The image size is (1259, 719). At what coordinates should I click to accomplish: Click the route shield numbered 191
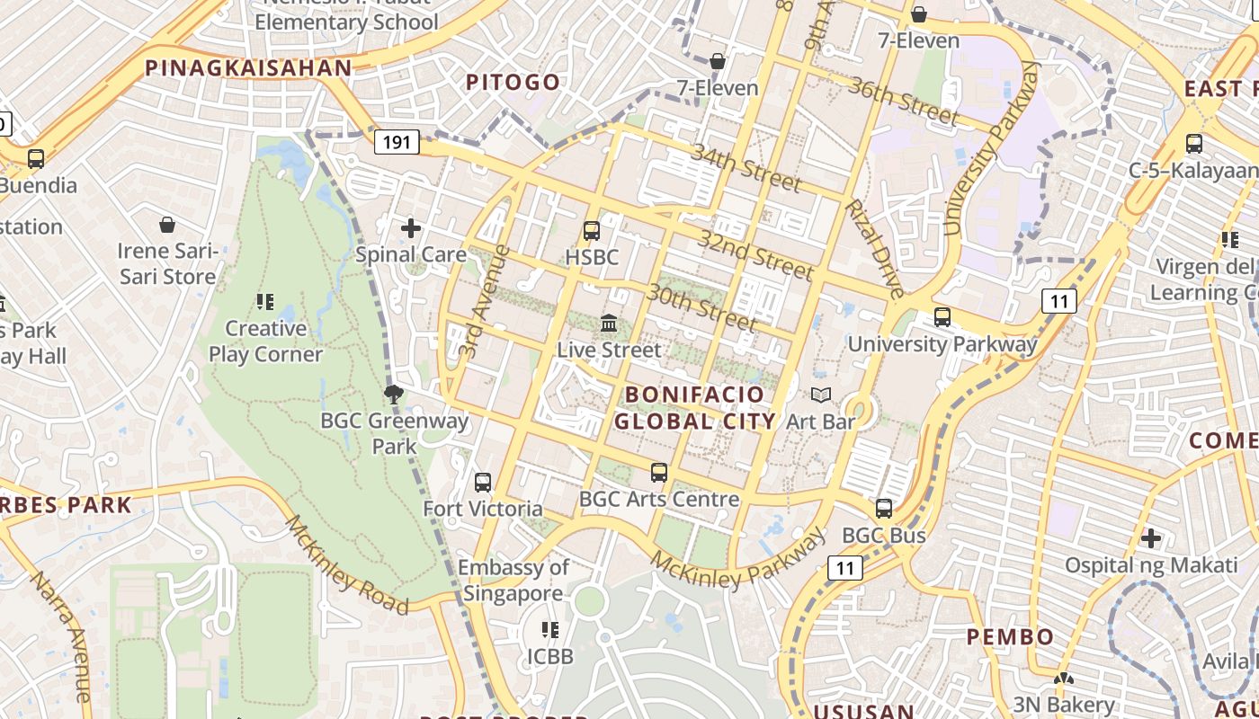[x=397, y=142]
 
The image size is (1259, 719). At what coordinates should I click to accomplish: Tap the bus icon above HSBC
[x=592, y=231]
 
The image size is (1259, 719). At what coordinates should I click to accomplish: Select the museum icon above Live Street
[x=609, y=323]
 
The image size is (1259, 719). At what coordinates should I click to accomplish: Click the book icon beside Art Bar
[x=820, y=395]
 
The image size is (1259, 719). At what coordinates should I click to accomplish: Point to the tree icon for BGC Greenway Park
[x=393, y=394]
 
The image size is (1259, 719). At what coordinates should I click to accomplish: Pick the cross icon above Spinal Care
[x=411, y=228]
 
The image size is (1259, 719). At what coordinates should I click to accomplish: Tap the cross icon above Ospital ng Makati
[x=1150, y=538]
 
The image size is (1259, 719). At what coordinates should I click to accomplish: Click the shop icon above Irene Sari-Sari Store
[x=167, y=225]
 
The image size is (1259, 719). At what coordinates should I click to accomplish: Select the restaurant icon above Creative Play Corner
[x=264, y=302]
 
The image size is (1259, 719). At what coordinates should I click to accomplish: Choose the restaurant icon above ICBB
[x=549, y=630]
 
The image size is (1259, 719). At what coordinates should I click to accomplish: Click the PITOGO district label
[x=513, y=83]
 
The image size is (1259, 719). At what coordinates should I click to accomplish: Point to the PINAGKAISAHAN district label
[x=248, y=68]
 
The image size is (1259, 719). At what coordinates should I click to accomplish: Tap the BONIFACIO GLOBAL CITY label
[x=694, y=407]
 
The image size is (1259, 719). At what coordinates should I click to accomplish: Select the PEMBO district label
[x=1010, y=637]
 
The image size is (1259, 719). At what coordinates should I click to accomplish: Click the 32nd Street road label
[x=755, y=255]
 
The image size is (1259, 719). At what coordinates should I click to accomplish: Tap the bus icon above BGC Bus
[x=884, y=509]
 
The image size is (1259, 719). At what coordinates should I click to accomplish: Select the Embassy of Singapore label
[x=513, y=580]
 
